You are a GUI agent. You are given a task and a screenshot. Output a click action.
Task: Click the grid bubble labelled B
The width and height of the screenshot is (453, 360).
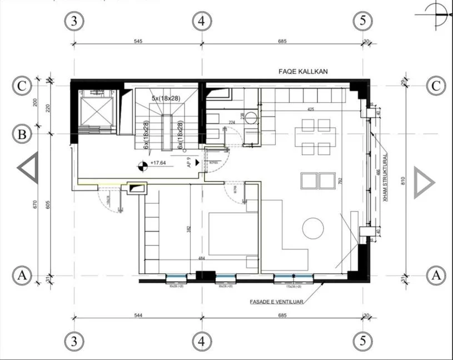point(22,134)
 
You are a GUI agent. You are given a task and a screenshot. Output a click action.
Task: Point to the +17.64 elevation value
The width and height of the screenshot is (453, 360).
point(160,163)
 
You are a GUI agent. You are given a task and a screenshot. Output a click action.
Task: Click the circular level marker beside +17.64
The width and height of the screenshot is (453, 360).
point(143,164)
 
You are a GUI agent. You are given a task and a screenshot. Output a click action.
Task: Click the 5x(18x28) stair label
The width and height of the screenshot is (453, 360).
point(167,98)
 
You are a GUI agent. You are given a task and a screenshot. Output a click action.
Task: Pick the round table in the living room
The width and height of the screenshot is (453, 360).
point(313,228)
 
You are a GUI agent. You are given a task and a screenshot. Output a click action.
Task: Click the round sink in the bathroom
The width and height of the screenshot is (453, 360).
point(252,117)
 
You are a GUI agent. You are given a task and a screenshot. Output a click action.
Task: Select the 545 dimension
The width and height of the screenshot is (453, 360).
point(138,40)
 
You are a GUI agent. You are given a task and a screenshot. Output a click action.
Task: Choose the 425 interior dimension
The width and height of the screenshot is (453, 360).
point(310,109)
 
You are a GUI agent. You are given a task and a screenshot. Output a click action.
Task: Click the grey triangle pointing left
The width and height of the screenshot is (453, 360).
point(28,167)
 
